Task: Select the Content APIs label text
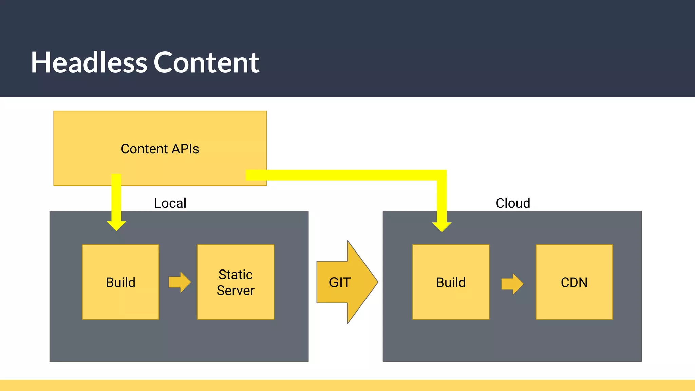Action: click(160, 149)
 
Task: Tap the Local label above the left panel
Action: click(170, 203)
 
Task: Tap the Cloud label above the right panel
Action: click(513, 203)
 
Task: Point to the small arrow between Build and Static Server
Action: click(180, 282)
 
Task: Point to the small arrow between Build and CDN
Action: click(512, 284)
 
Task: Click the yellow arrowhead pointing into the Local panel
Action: click(116, 225)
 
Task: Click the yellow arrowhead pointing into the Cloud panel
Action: click(442, 227)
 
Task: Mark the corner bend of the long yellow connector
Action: click(441, 175)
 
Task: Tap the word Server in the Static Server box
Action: click(236, 291)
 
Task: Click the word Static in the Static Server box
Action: click(236, 275)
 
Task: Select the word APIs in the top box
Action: click(185, 149)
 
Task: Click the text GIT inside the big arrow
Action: click(339, 282)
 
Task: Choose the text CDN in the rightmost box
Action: click(574, 282)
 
